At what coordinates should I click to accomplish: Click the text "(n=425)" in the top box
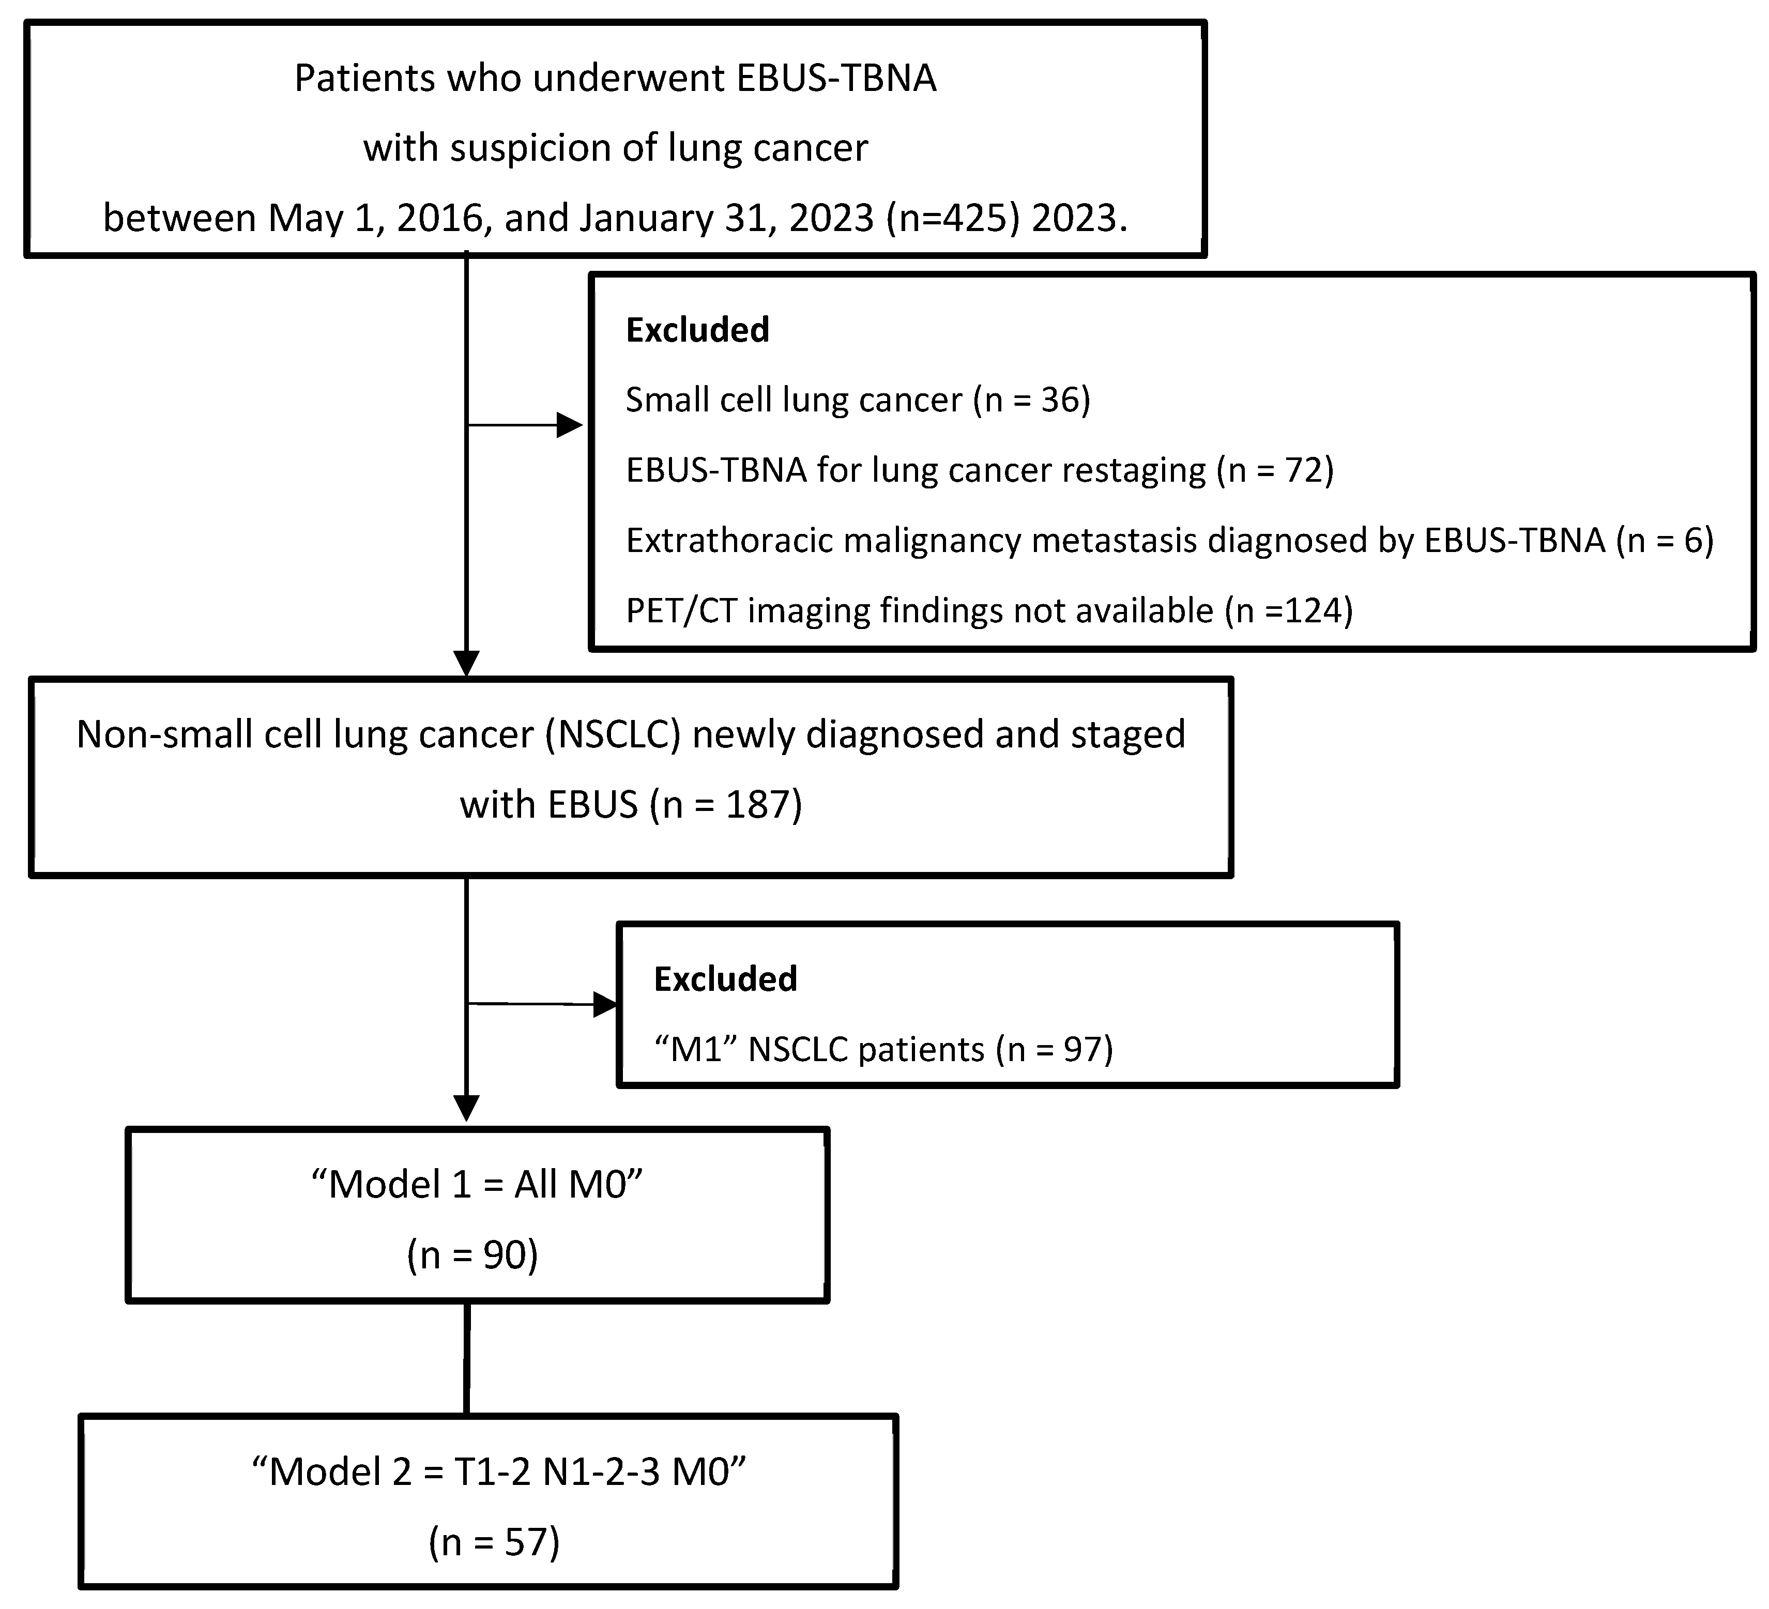[x=953, y=218]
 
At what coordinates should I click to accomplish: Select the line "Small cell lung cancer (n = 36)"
[x=857, y=400]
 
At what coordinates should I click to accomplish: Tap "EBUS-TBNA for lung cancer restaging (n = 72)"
[x=979, y=470]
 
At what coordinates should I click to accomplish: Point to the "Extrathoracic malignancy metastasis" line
[x=912, y=541]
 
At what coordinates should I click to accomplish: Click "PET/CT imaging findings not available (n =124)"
[x=989, y=610]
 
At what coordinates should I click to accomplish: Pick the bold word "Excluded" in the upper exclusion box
[x=697, y=330]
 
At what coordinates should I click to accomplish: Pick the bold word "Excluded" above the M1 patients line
[x=725, y=979]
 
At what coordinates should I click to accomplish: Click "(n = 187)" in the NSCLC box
[x=726, y=804]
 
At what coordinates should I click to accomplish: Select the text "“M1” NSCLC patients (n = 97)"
[x=883, y=1049]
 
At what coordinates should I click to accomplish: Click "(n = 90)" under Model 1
[x=472, y=1255]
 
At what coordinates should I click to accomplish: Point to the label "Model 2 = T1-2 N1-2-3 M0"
[x=498, y=1472]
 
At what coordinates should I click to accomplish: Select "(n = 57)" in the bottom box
[x=494, y=1542]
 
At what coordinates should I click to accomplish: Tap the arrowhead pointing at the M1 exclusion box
[x=605, y=1005]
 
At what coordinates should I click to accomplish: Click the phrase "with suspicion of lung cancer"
[x=615, y=147]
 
